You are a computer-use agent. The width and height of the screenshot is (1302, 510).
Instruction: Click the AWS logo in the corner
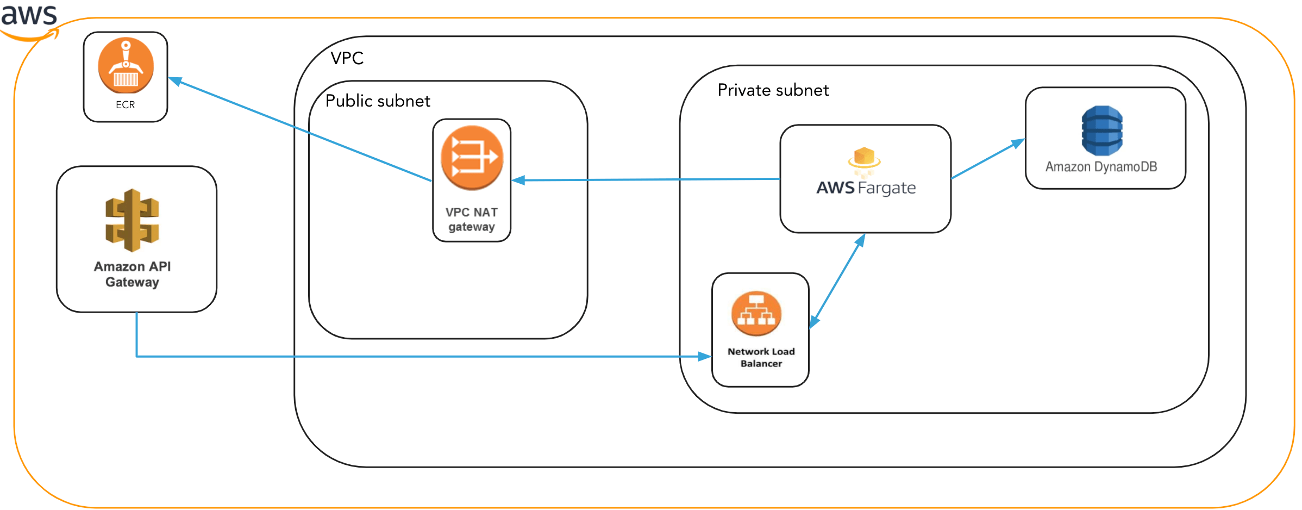point(29,19)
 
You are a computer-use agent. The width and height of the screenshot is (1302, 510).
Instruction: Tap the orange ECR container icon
point(126,65)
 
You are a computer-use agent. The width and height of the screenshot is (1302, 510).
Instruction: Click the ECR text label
point(125,104)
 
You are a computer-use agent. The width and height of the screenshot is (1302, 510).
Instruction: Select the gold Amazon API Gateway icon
point(132,220)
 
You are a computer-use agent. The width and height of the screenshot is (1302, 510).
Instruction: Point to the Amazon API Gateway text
point(132,274)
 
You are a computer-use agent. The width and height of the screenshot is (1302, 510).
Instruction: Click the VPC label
point(347,58)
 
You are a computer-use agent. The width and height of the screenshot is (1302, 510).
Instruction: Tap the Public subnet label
point(378,101)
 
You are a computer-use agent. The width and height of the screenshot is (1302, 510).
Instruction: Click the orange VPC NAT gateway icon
point(472,158)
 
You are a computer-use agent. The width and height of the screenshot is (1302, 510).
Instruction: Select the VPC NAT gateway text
point(472,219)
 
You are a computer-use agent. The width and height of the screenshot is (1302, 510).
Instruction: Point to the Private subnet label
point(773,90)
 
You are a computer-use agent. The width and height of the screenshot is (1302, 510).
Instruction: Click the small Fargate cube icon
point(864,158)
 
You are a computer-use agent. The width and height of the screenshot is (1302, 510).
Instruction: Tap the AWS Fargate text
point(866,188)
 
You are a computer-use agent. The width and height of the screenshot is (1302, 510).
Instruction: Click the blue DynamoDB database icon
point(1101,130)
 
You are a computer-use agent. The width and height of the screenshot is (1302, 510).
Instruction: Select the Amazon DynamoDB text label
point(1101,167)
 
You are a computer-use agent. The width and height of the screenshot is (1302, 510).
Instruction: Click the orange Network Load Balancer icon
point(756,314)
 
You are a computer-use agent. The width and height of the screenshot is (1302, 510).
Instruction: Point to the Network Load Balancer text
point(761,358)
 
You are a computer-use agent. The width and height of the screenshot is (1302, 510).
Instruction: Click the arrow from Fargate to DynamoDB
point(986,159)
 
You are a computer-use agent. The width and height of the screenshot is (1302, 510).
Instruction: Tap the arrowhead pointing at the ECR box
point(175,82)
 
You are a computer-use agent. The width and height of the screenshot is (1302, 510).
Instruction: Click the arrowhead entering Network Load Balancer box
point(704,357)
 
